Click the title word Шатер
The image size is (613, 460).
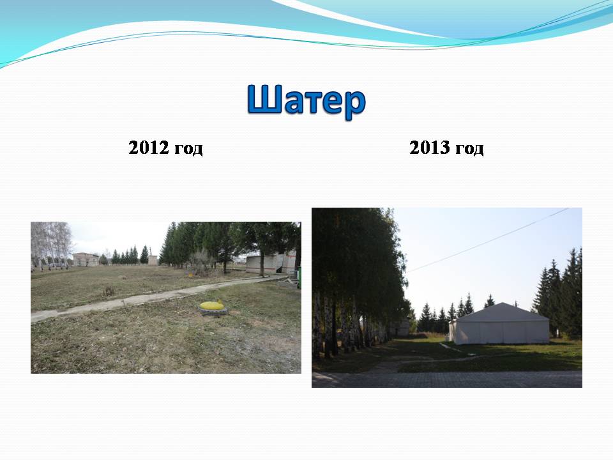pyautogui.click(x=306, y=101)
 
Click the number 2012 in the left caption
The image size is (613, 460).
pyautogui.click(x=149, y=148)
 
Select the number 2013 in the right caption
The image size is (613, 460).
pyautogui.click(x=429, y=148)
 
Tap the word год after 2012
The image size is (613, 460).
pyautogui.click(x=188, y=149)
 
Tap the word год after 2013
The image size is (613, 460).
pyautogui.click(x=469, y=149)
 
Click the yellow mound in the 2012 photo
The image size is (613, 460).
pyautogui.click(x=212, y=305)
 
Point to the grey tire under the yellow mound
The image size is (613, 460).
pyautogui.click(x=213, y=311)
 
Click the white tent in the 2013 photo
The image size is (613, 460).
pyautogui.click(x=499, y=324)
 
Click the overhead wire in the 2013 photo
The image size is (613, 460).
pyautogui.click(x=487, y=240)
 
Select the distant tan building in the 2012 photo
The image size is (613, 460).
pyautogui.click(x=86, y=260)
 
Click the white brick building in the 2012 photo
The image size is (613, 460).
pyautogui.click(x=271, y=264)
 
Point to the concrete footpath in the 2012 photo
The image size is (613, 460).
pyautogui.click(x=156, y=297)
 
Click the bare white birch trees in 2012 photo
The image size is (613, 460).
pyautogui.click(x=51, y=245)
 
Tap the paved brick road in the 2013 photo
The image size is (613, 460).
pyautogui.click(x=447, y=379)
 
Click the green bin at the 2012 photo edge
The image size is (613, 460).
pyautogui.click(x=299, y=277)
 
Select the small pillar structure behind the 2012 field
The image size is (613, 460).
pyautogui.click(x=153, y=260)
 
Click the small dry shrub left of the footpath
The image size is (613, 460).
pyautogui.click(x=109, y=291)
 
